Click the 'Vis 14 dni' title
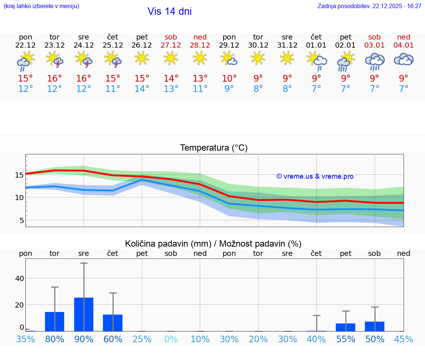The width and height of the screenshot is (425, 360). click(x=169, y=11)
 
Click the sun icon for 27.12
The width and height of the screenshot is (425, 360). click(x=171, y=58)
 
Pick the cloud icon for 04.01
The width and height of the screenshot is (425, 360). click(x=404, y=59)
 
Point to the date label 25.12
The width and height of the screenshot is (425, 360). click(x=113, y=45)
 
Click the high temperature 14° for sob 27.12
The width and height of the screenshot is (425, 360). click(x=171, y=79)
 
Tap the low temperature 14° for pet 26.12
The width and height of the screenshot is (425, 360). click(x=142, y=89)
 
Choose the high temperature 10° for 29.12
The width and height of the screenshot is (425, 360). click(x=229, y=79)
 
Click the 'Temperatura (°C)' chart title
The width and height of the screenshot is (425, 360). click(x=214, y=148)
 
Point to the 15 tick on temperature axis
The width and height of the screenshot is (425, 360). click(x=19, y=175)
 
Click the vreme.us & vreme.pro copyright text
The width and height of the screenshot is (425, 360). click(x=315, y=176)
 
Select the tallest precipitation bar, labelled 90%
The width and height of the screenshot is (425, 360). click(x=84, y=314)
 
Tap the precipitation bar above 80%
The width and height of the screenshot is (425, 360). click(x=55, y=321)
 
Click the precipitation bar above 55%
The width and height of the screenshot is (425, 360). click(x=345, y=327)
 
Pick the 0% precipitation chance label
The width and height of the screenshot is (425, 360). click(x=171, y=339)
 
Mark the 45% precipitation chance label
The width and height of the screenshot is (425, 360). click(x=404, y=339)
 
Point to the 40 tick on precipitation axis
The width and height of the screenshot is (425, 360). click(x=20, y=278)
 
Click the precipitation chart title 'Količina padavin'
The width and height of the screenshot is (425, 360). click(x=213, y=244)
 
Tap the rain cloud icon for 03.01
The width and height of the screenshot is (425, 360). click(x=374, y=61)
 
